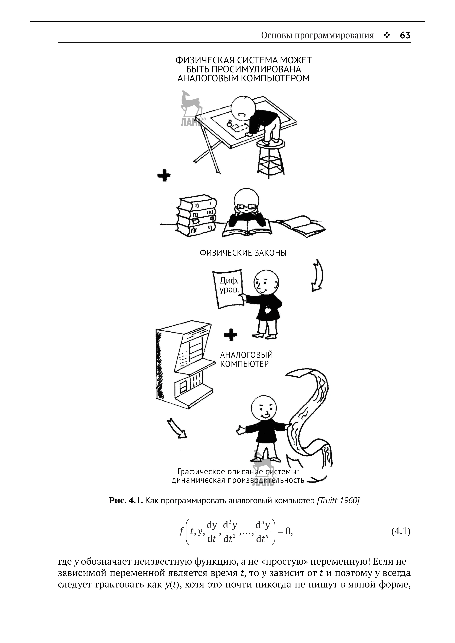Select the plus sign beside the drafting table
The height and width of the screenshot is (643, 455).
tap(164, 175)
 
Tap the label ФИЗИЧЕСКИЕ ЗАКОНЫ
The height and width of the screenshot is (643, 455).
tap(243, 253)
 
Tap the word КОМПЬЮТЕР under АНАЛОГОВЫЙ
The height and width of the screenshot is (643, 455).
tap(244, 364)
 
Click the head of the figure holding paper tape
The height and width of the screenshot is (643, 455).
tap(263, 408)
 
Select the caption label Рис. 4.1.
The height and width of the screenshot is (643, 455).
tap(126, 501)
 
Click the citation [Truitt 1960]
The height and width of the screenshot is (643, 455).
tap(338, 501)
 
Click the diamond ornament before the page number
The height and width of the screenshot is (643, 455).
tap(387, 35)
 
